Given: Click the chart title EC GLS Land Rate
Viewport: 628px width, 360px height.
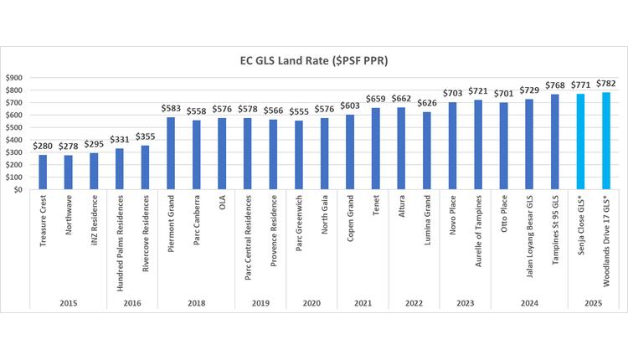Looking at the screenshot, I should tap(314, 60).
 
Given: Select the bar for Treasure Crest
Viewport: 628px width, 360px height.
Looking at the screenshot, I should tap(43, 172).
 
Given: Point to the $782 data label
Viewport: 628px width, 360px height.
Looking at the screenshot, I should tap(605, 85).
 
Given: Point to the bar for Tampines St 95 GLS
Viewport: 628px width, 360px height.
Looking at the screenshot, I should tap(554, 141).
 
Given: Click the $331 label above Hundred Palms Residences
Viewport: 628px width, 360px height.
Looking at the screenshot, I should tap(120, 141).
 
